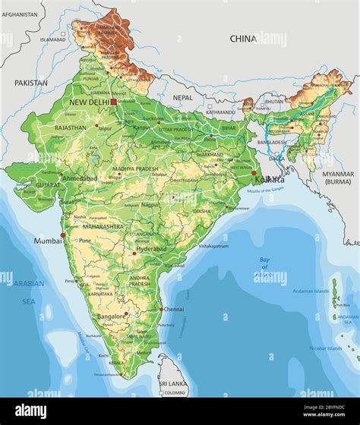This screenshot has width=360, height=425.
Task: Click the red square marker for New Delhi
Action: point(113,101)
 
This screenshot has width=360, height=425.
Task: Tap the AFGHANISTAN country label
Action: point(21,14)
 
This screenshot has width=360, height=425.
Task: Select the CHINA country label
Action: point(243,38)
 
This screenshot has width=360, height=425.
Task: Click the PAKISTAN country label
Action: point(30,83)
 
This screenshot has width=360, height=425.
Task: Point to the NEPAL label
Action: point(182,98)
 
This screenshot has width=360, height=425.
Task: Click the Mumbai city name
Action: point(46,241)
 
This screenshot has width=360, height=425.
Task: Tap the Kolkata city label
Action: point(270,179)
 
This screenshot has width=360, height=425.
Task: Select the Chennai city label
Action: point(174,310)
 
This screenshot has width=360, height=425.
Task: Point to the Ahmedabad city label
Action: point(80,178)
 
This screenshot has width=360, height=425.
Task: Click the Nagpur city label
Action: point(150,204)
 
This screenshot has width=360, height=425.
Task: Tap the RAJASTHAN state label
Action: point(70,128)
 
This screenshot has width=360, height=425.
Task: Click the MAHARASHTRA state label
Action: point(103,226)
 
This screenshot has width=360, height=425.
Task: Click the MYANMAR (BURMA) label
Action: point(338,178)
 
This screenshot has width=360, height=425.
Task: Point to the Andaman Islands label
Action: point(312,291)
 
